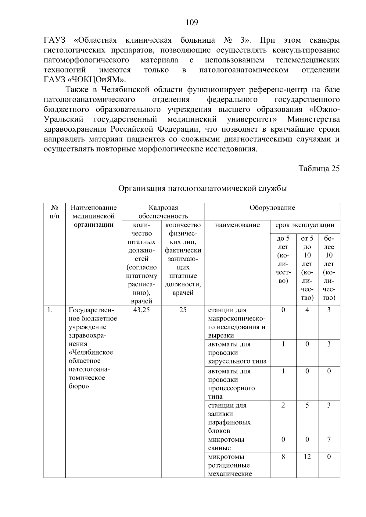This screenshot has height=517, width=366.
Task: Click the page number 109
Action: [192, 23]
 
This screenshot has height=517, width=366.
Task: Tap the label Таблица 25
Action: [319, 169]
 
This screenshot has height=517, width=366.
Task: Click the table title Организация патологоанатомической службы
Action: [202, 189]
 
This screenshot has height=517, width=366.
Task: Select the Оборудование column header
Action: [272, 208]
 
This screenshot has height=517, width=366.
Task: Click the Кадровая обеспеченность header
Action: [163, 212]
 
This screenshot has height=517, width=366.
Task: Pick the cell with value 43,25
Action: [142, 310]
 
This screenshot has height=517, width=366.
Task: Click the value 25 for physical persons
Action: [183, 310]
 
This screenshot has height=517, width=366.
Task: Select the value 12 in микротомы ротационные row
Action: [307, 457]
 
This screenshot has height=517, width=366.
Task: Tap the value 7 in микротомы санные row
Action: [329, 440]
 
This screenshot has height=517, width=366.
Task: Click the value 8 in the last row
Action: [283, 457]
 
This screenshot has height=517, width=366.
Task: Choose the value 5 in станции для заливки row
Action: [307, 405]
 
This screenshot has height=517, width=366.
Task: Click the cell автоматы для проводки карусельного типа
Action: [237, 353]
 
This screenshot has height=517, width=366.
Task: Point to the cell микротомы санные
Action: [226, 444]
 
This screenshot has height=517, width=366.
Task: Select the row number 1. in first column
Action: [50, 310]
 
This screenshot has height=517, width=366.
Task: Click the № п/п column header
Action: [54, 212]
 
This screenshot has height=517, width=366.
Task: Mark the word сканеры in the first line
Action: [324, 40]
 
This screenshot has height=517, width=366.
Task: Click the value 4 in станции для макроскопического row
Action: [307, 310]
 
